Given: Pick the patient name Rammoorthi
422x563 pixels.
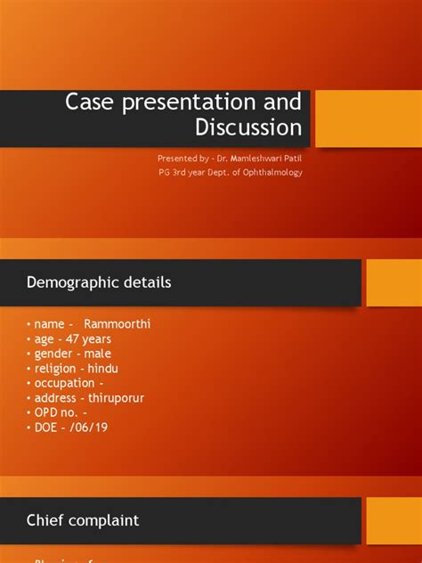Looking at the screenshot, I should point(118,324).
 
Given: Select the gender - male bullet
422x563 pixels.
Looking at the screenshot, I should point(72,354).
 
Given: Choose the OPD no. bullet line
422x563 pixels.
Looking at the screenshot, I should point(62,412).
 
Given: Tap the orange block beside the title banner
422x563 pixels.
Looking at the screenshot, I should point(369,118).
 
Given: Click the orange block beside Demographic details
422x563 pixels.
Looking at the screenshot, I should point(394,283).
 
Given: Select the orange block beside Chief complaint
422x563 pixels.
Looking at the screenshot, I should point(394,520).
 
